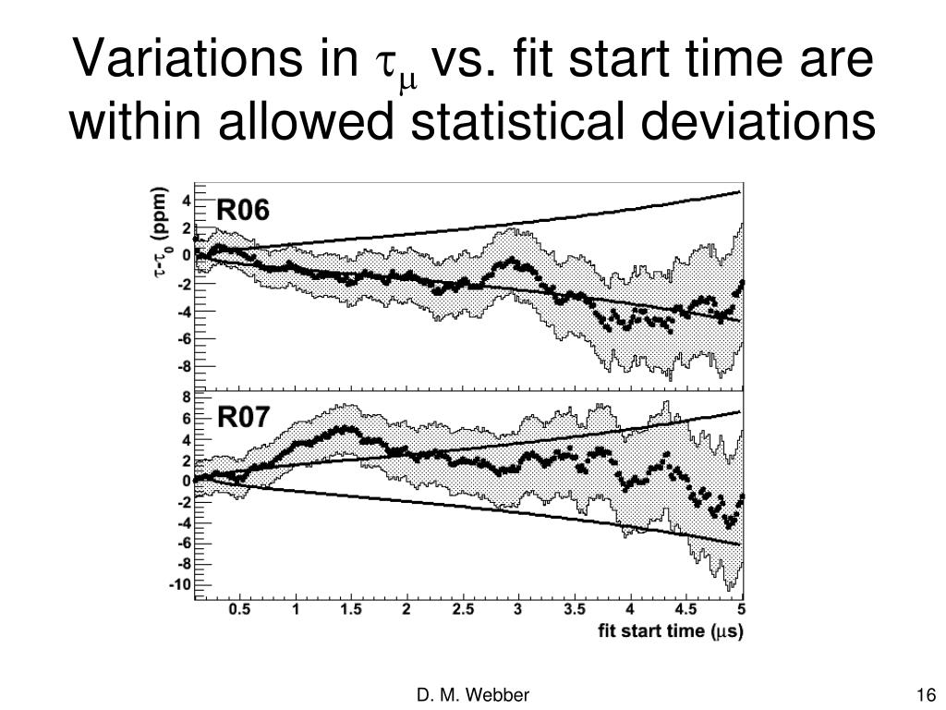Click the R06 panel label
click(242, 211)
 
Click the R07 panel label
click(243, 417)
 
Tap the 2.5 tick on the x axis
click(463, 610)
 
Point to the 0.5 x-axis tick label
click(239, 610)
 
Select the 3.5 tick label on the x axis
click(575, 610)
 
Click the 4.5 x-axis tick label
click(685, 610)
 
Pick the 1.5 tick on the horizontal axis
click(351, 610)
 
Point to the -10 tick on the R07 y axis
click(181, 584)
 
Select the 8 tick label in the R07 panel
click(186, 398)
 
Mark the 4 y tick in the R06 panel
click(187, 201)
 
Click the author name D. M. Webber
click(473, 695)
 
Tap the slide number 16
click(927, 695)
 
